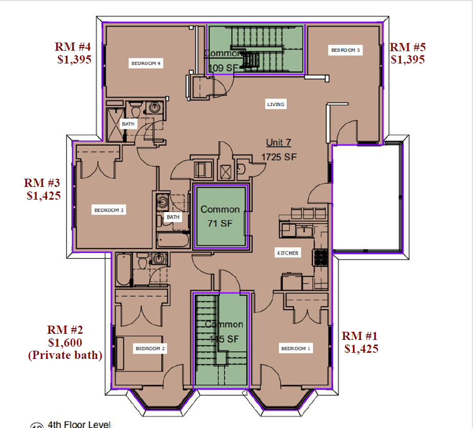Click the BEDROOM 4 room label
click(146, 63)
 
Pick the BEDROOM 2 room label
click(150, 349)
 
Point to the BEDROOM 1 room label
click(296, 349)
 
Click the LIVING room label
click(276, 104)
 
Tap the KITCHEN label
click(287, 253)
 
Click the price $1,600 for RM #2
click(65, 343)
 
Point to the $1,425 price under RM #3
click(43, 195)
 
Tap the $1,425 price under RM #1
click(361, 349)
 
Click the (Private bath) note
click(65, 355)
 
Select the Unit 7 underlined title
click(278, 143)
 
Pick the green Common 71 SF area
click(220, 216)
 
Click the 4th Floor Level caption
click(79, 424)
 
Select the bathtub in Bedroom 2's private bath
click(123, 270)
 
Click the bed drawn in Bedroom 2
click(139, 353)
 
